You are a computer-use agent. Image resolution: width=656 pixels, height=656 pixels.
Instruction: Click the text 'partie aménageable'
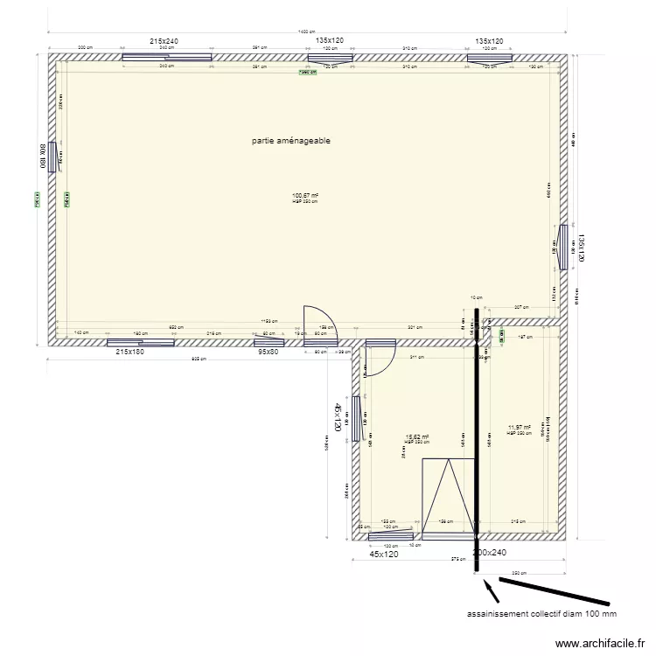(x=290, y=140)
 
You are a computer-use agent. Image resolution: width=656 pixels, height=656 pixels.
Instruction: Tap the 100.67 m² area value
(x=305, y=196)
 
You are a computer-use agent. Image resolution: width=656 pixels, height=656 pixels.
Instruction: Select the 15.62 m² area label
(x=416, y=436)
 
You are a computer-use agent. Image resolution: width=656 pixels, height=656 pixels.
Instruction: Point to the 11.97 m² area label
(x=520, y=428)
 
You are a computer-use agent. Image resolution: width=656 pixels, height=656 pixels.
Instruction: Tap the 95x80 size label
(x=268, y=352)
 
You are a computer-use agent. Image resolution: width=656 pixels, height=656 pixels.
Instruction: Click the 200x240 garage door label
(x=490, y=553)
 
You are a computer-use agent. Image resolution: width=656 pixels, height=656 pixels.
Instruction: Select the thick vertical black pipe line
(x=477, y=437)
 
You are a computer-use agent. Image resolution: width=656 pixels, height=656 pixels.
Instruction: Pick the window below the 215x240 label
(x=167, y=59)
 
